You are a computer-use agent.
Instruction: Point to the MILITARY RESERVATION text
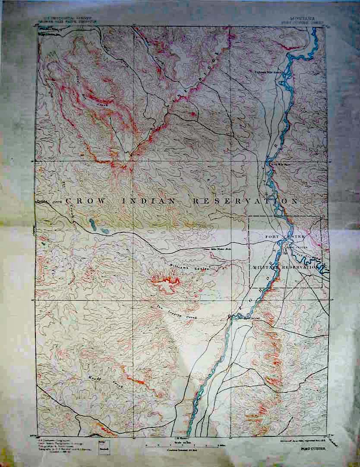(285, 267)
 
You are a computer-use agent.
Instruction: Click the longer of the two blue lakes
(92, 224)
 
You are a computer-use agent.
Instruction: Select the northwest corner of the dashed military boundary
(249, 217)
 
